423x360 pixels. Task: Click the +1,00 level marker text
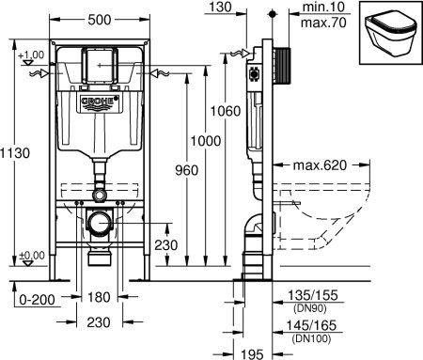tap(30, 55)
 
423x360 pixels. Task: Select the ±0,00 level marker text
tap(30, 256)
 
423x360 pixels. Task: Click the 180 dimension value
tap(100, 297)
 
